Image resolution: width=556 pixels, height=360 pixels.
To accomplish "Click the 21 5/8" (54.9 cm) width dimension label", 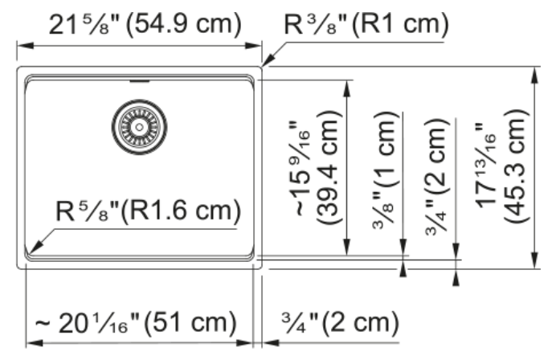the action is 145,24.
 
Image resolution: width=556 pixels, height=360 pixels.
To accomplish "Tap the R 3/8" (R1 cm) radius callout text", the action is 366,24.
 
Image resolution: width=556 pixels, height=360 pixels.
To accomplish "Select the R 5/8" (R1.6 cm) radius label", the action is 148,211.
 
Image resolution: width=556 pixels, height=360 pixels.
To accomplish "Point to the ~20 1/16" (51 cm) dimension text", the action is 136,323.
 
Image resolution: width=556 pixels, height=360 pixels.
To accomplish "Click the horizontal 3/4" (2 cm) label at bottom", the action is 341,322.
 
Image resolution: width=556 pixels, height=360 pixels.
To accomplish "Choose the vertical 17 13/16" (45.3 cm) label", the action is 501,166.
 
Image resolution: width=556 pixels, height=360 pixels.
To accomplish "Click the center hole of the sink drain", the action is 139,127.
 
